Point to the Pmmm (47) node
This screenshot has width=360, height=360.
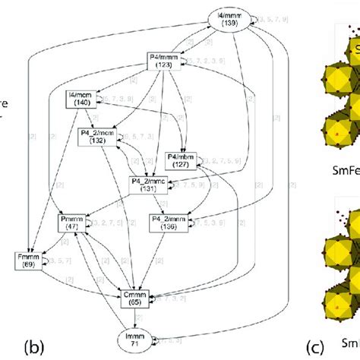(72, 223)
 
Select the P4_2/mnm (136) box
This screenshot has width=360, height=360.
(167, 223)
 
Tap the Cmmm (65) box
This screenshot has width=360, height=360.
(132, 297)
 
